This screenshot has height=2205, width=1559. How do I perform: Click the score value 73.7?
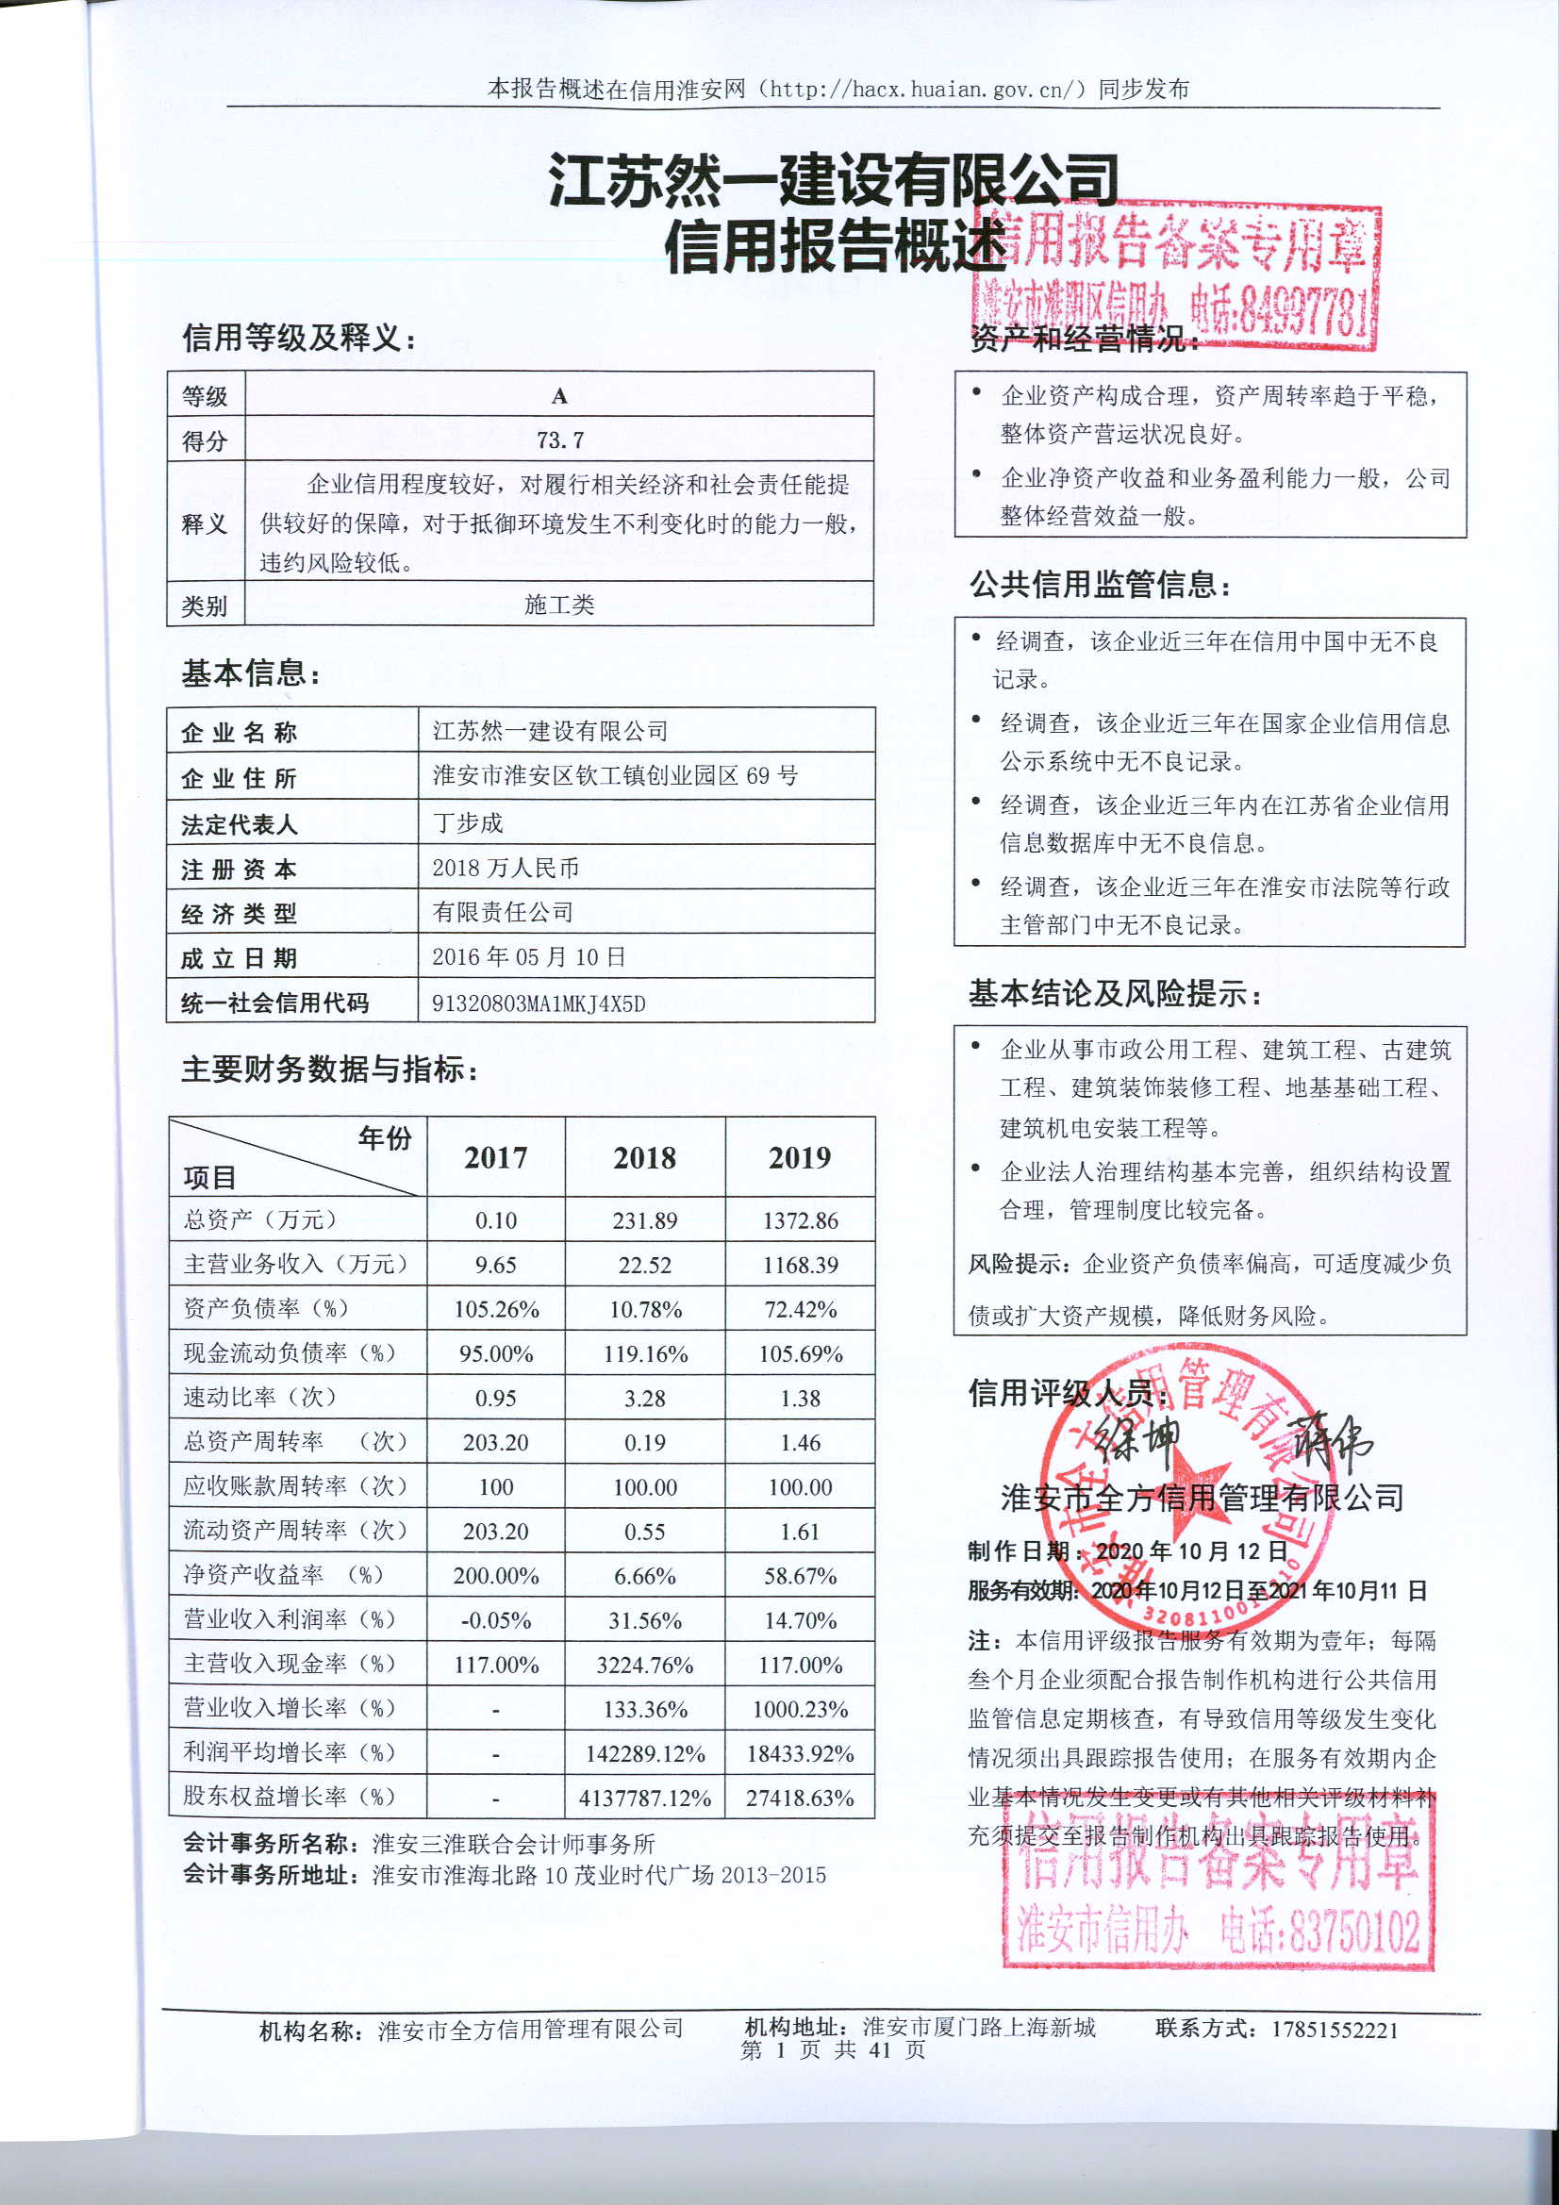click(x=560, y=439)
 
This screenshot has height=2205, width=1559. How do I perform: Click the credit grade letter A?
click(x=559, y=396)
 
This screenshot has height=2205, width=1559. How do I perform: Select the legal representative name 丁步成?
click(x=468, y=822)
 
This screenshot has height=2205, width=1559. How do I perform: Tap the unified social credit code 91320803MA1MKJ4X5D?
click(x=538, y=1003)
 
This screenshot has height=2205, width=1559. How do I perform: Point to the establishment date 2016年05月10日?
click(x=528, y=956)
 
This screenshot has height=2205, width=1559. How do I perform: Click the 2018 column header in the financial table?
click(x=644, y=1157)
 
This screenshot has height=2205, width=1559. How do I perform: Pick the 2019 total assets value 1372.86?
click(x=800, y=1220)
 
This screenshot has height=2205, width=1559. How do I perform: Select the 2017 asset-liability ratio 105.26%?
click(x=496, y=1309)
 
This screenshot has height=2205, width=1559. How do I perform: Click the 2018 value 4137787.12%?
click(x=644, y=1798)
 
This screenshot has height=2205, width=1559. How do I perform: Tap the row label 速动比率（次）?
click(x=260, y=1398)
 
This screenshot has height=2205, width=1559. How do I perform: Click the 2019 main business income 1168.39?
click(x=800, y=1265)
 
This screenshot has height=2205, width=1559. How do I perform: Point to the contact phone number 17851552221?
click(x=1335, y=2030)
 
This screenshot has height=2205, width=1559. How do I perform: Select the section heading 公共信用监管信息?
click(x=1099, y=584)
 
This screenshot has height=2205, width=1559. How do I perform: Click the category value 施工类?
click(x=559, y=605)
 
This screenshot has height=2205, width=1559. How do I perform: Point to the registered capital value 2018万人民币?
click(x=506, y=868)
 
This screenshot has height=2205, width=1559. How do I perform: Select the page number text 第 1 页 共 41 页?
click(x=833, y=2050)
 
